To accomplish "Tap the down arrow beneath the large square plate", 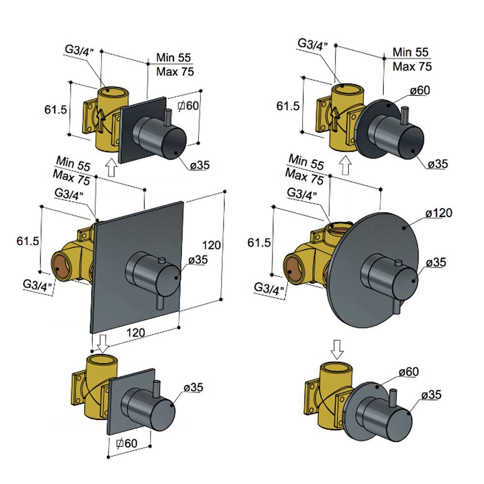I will click(103, 341).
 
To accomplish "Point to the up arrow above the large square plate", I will click(111, 169).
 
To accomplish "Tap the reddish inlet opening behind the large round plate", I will click(293, 268).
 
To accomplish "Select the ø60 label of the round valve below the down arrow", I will click(409, 372).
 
